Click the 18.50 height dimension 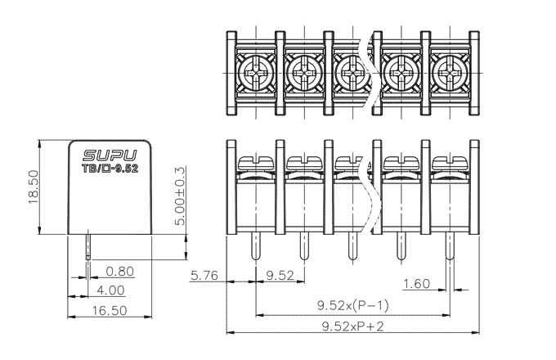[33, 187]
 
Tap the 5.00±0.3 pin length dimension [181, 196]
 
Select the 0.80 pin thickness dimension [120, 272]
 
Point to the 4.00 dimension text [110, 290]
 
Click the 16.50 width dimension [110, 311]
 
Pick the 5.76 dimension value [204, 276]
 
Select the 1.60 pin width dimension [417, 284]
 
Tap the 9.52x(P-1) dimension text [353, 305]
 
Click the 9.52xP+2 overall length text [353, 326]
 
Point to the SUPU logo [110, 155]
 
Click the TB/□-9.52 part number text [110, 169]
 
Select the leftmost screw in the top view [256, 74]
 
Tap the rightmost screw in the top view [450, 74]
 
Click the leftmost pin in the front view [256, 246]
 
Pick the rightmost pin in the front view [450, 246]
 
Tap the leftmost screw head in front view [256, 163]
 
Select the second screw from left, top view [304, 74]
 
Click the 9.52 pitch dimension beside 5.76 [280, 276]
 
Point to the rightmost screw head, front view [450, 163]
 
